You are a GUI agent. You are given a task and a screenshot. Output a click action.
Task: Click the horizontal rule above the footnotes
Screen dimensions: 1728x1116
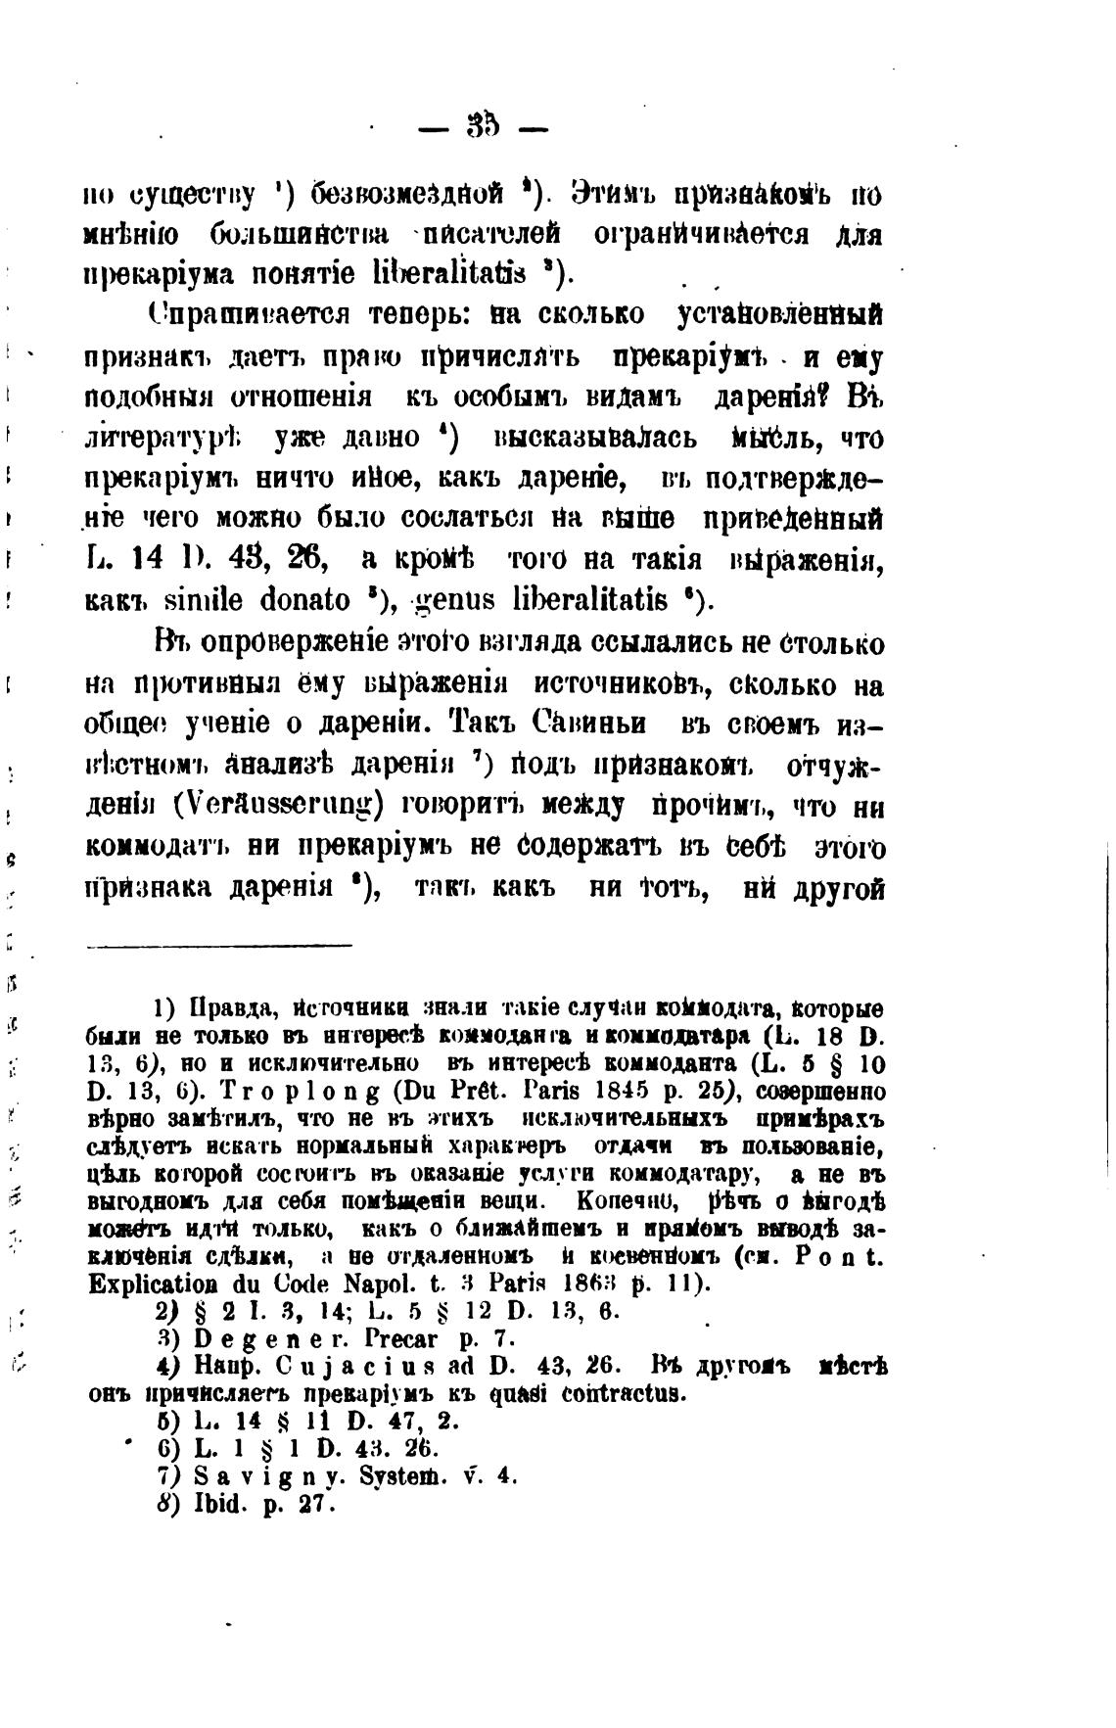pyautogui.click(x=220, y=946)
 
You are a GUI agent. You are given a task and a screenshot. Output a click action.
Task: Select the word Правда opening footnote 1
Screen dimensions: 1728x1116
pyautogui.click(x=227, y=1008)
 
